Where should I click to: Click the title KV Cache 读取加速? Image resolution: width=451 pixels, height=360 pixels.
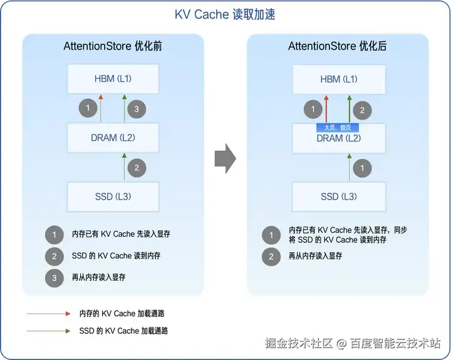(225, 14)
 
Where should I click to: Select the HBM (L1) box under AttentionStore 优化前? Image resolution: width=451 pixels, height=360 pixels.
(113, 79)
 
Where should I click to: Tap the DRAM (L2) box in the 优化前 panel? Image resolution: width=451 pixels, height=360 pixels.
(113, 137)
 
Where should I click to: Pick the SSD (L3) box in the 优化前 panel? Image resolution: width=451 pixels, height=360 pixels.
(113, 197)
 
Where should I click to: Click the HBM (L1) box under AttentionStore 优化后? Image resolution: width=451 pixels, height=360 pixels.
(338, 79)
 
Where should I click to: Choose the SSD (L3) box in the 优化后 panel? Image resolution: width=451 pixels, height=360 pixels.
(338, 197)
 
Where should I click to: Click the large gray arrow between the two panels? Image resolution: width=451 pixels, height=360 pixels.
(225, 160)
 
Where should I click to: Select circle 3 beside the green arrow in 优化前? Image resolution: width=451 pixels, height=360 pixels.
(136, 110)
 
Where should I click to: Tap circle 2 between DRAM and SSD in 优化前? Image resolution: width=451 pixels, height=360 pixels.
(136, 168)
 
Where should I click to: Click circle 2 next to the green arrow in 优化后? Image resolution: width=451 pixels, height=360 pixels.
(361, 110)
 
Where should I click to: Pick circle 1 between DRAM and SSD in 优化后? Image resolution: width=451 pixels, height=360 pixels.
(361, 168)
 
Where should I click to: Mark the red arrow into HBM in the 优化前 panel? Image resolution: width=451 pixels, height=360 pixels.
(101, 108)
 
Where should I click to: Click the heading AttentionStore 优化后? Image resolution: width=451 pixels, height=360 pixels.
(337, 46)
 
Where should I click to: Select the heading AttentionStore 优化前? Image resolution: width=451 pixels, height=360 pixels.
(113, 46)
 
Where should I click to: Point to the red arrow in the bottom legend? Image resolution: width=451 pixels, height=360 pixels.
(49, 313)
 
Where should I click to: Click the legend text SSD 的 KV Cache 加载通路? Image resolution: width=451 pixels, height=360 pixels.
(123, 330)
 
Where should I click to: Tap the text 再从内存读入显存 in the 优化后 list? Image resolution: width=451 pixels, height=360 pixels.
(315, 255)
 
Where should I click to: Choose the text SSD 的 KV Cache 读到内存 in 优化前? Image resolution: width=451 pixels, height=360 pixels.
(115, 255)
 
